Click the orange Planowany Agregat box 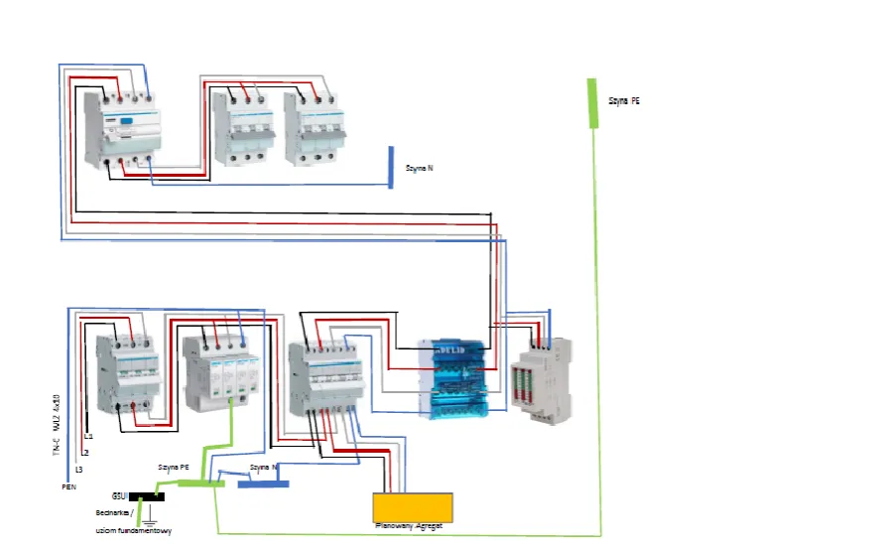click(413, 507)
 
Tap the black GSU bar click(147, 494)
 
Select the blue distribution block click(452, 377)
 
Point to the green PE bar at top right click(593, 103)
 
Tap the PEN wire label click(68, 486)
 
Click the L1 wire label click(88, 437)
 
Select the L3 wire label click(78, 468)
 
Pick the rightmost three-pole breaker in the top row click(315, 129)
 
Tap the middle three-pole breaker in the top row click(243, 129)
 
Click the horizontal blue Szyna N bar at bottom click(262, 483)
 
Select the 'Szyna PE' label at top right click(624, 100)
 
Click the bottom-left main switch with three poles click(127, 374)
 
